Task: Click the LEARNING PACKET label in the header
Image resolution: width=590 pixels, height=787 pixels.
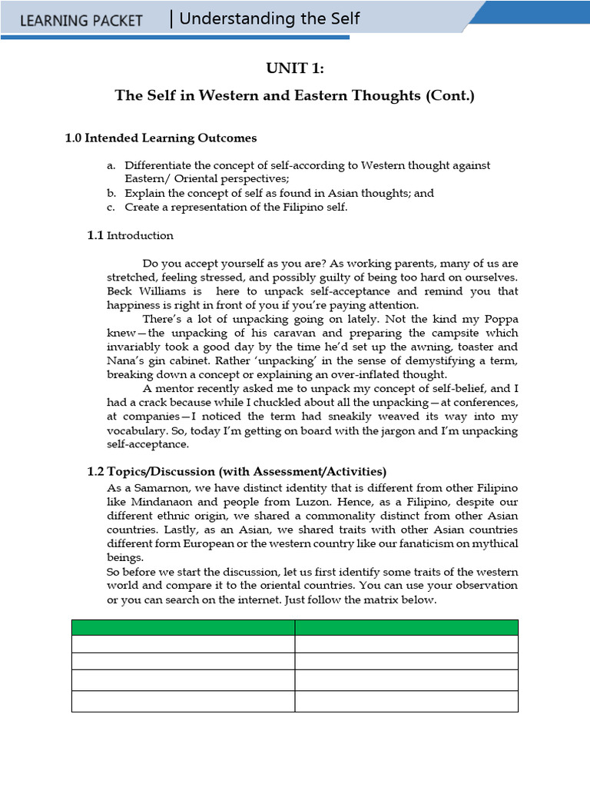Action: (81, 21)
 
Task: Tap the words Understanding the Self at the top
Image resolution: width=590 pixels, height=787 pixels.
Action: (269, 19)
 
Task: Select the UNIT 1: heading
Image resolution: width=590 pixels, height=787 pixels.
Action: (295, 69)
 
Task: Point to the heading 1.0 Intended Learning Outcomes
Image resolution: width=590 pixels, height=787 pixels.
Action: (161, 138)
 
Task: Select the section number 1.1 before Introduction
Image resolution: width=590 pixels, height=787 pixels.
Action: (95, 236)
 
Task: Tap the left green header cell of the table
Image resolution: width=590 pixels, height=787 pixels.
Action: (184, 627)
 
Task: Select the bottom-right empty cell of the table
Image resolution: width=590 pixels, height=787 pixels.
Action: (406, 701)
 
